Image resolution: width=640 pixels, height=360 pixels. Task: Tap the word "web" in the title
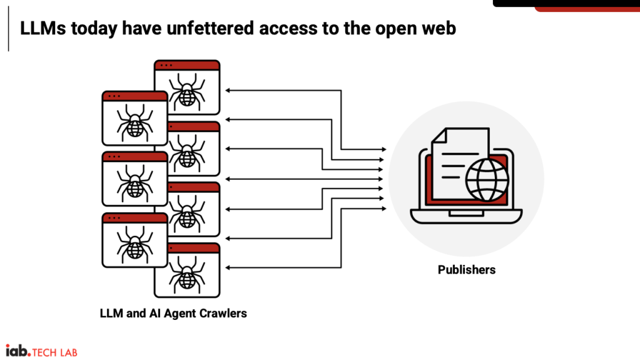[440, 28]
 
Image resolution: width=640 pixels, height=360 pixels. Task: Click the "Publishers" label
[467, 270]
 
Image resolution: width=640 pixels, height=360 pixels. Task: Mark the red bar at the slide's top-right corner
[587, 9]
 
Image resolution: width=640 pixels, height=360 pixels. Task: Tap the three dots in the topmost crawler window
[166, 65]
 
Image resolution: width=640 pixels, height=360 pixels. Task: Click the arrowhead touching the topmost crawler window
[228, 91]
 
